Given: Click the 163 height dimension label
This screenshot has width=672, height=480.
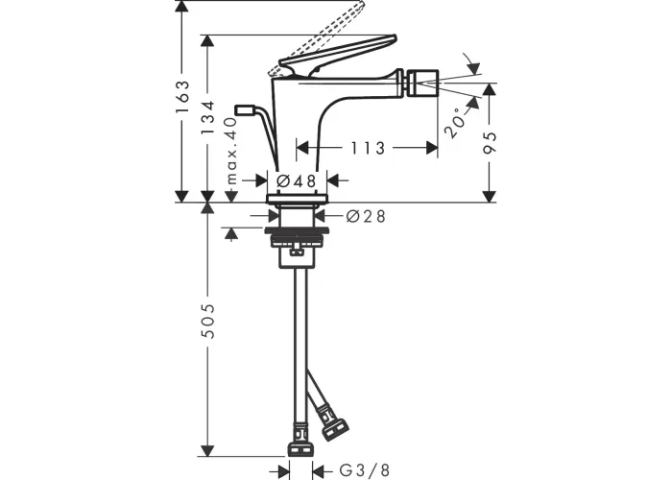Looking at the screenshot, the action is point(182,96).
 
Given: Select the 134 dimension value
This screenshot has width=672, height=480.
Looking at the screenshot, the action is point(208,117).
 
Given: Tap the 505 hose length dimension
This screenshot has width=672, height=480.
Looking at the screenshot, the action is point(208,321).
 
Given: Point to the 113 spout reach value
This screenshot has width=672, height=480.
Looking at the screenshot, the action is point(368,148).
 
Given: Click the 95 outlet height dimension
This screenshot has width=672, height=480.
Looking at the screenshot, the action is point(489,143).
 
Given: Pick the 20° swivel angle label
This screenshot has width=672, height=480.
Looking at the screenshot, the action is point(456,123).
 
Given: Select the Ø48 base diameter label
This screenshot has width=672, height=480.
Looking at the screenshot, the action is point(297,180).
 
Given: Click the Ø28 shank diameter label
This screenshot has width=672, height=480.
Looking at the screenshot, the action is point(366,216).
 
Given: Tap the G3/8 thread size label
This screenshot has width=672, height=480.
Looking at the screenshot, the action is point(365,470).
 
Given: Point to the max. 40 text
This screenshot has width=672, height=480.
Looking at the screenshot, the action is point(231,151).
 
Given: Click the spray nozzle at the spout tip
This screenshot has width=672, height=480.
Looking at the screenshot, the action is point(420,83).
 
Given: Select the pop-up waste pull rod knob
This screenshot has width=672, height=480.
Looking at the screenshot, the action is point(245,110).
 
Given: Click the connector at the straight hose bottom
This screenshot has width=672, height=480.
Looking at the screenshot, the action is point(300,441).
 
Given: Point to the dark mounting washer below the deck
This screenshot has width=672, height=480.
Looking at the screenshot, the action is point(297,231).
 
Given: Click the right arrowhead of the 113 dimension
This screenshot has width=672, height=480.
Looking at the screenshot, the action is point(432,148).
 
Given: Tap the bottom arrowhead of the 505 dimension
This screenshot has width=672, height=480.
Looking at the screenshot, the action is point(208,451).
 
